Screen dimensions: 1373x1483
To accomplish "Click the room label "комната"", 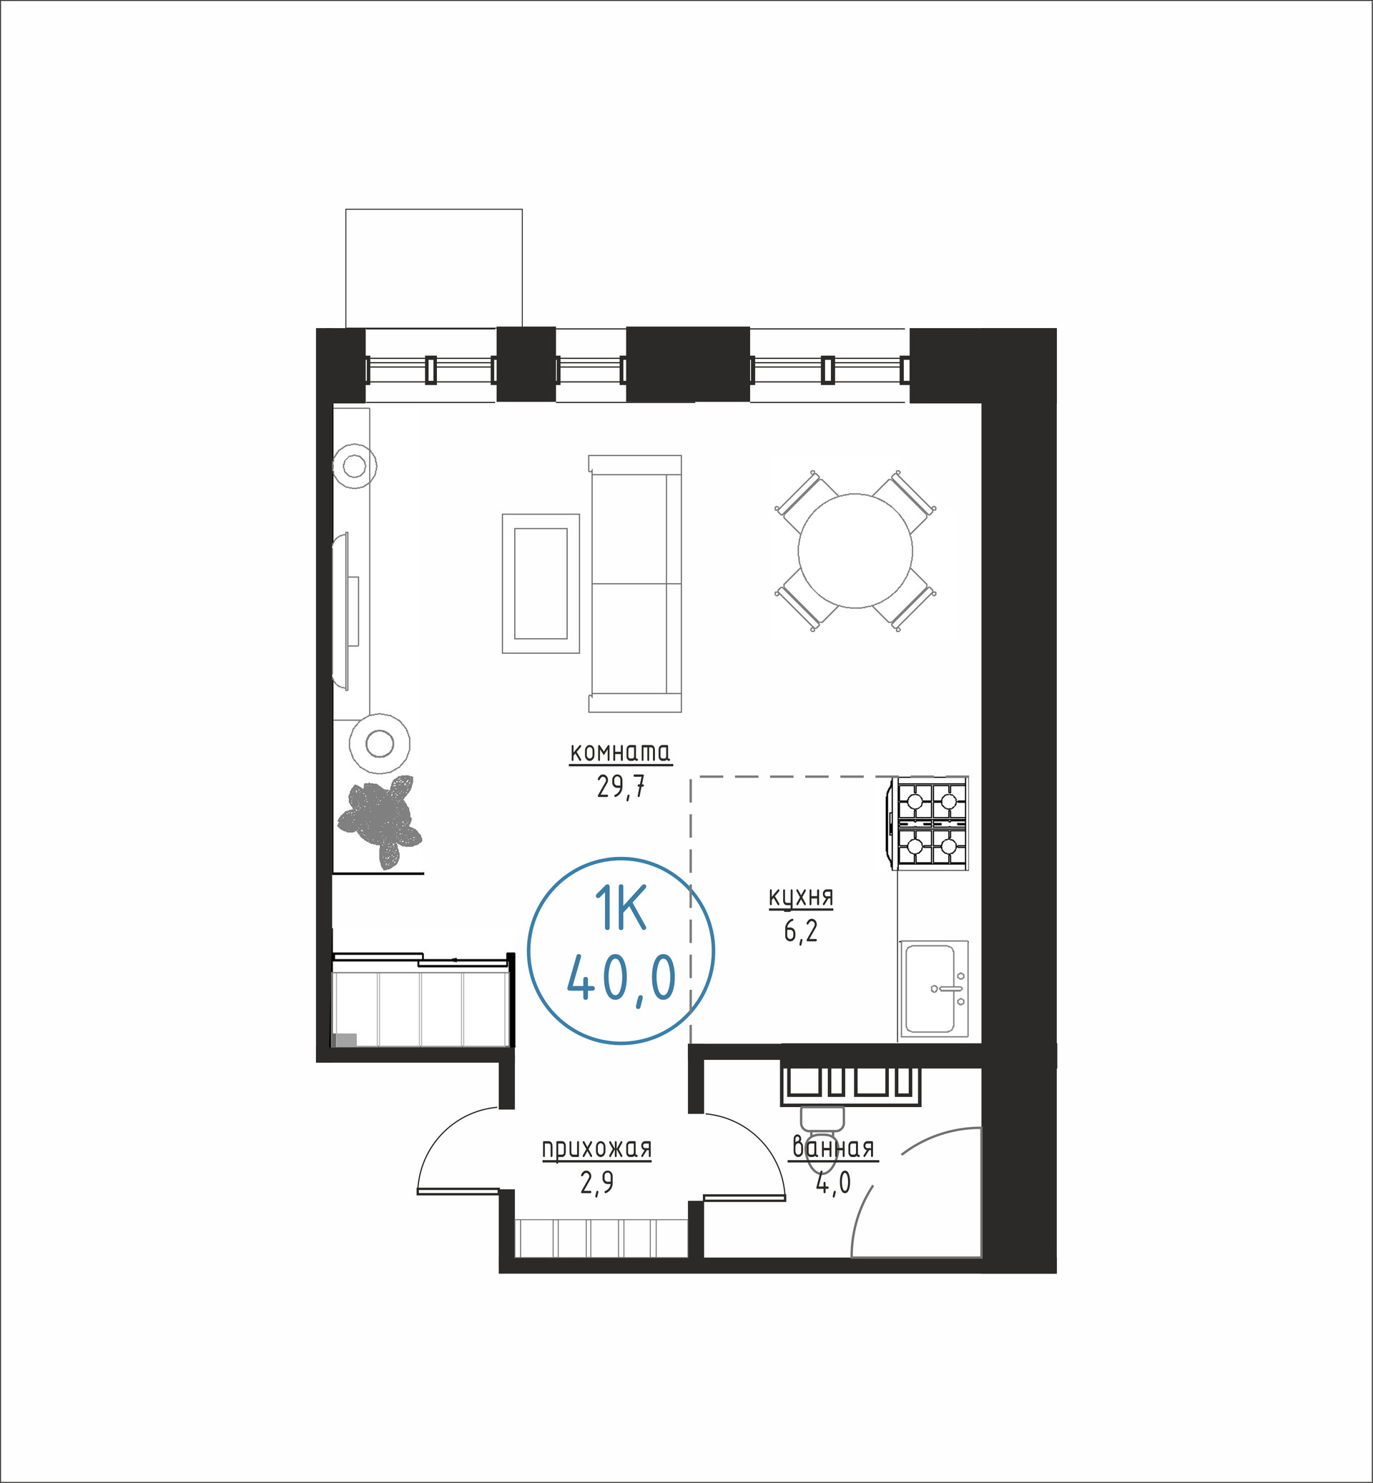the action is pos(621,753).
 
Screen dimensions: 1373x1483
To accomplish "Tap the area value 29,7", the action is pos(621,786).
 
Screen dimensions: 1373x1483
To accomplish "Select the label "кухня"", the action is pos(801,898).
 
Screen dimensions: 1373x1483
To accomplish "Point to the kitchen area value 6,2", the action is pos(801,931).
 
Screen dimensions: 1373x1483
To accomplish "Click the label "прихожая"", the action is pos(596,1149).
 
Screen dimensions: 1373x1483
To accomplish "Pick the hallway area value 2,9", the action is pos(596,1182).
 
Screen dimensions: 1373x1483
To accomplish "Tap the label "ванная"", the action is pos(834,1148).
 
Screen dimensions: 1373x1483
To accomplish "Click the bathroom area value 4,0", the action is pos(834,1183).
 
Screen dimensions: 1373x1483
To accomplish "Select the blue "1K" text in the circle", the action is pos(621,909).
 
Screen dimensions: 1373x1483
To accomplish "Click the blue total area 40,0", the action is pos(621,977).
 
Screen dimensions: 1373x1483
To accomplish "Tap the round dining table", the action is pos(855,551).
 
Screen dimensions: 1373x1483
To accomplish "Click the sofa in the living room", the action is pos(635,584).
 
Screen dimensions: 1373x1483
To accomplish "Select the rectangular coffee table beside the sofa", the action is pos(541,583).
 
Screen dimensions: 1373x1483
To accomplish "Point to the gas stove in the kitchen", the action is pos(929,823).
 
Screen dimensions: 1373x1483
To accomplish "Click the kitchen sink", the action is pos(935,988).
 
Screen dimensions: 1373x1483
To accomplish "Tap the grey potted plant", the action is pos(380,821).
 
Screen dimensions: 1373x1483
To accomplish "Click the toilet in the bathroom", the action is pos(822,1137).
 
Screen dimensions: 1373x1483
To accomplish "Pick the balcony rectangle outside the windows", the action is pos(434,268).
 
